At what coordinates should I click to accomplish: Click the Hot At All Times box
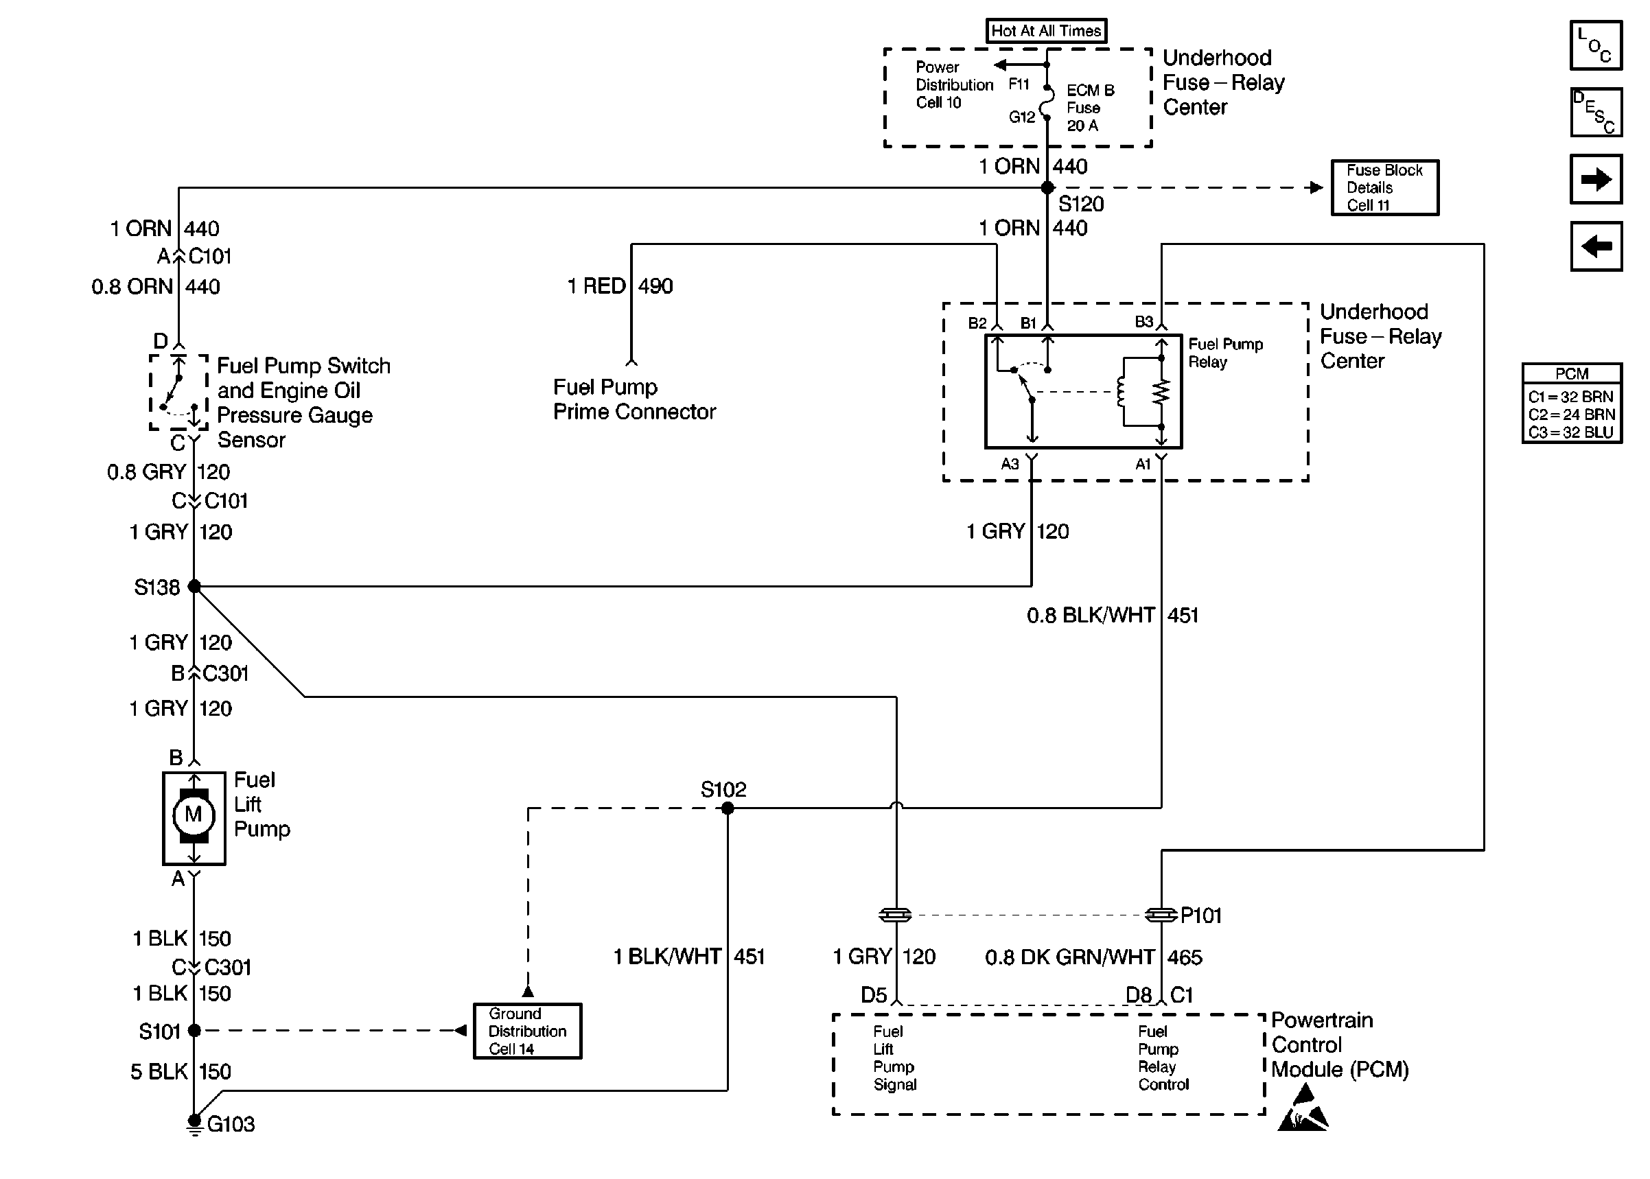1045,30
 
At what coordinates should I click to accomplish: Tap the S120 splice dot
1047,188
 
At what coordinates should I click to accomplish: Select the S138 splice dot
194,586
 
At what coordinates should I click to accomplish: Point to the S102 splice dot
728,808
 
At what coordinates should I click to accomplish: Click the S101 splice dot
194,1030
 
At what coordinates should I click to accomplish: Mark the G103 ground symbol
194,1123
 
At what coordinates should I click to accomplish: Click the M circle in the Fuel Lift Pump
193,815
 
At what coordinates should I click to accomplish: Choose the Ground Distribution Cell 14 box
527,1031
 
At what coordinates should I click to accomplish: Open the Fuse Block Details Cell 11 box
1384,188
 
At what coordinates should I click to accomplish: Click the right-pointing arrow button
1596,179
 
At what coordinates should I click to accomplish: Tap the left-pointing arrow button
1596,246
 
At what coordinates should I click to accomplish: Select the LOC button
1596,45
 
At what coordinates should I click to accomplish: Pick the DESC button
1596,113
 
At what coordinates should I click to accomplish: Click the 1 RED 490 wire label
619,286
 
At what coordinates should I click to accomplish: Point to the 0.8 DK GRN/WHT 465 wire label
1093,957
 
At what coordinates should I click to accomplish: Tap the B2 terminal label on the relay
977,323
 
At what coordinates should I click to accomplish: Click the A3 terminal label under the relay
1010,464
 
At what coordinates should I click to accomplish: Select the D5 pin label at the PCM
873,994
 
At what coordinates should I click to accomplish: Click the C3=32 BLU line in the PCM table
1571,432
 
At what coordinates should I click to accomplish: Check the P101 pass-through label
1200,915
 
